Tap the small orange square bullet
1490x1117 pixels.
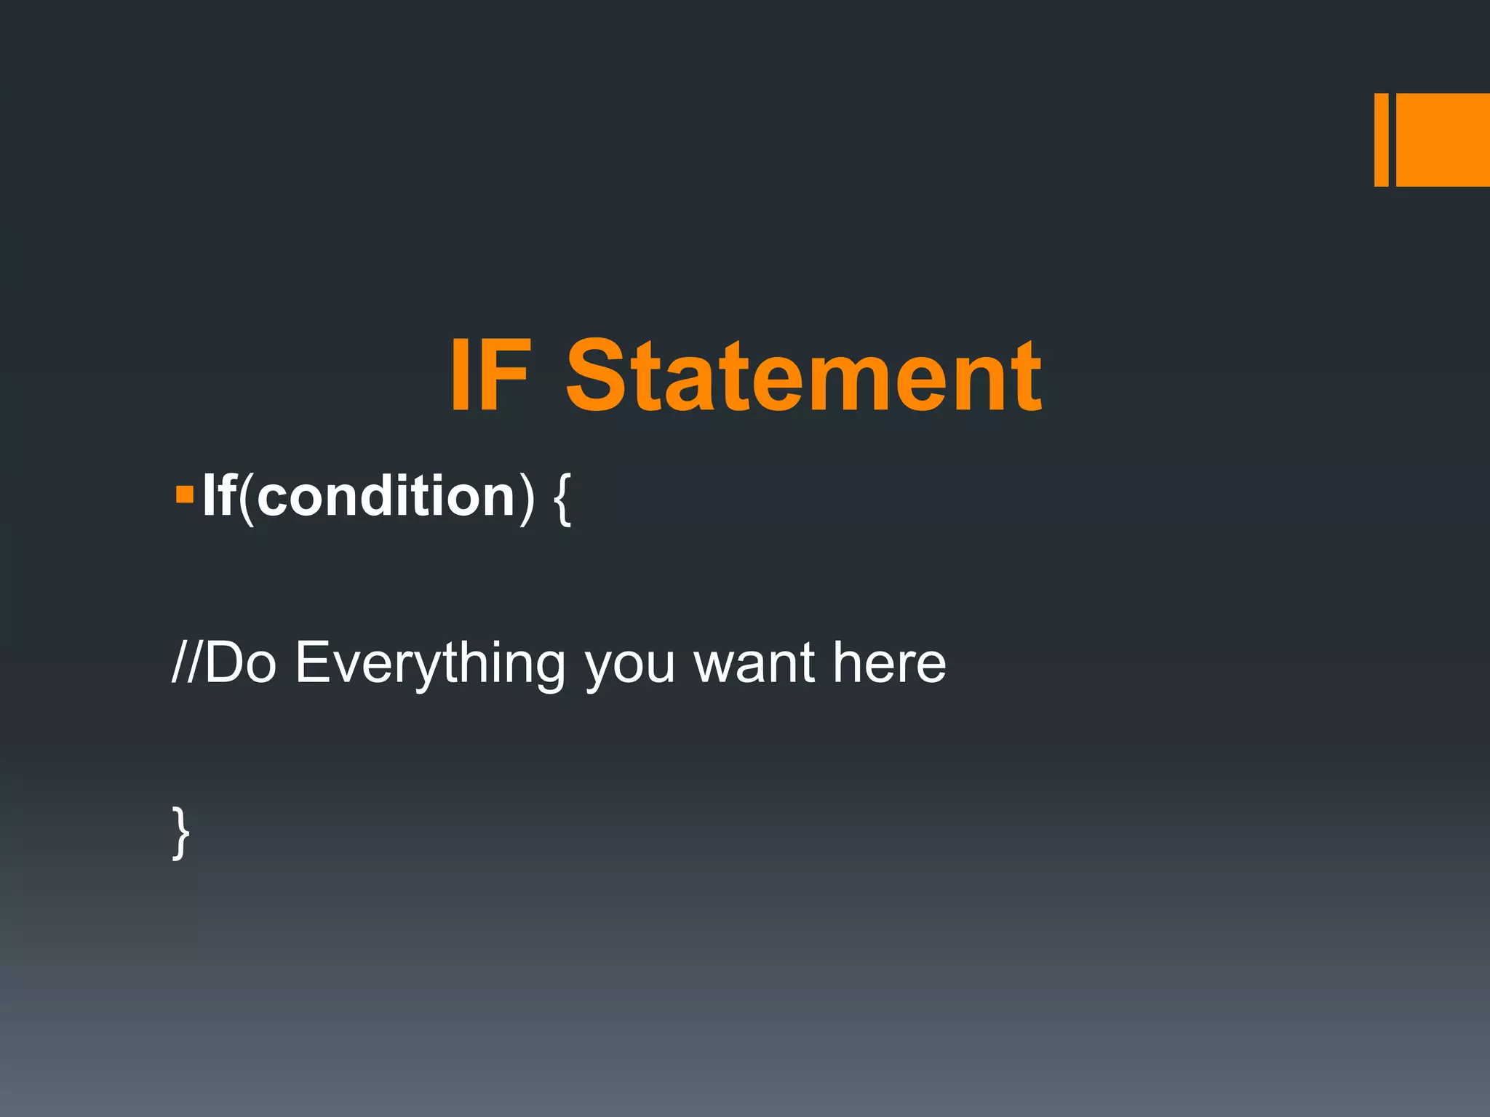[185, 496]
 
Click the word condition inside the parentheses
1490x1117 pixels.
[386, 496]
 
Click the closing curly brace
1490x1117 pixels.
[181, 832]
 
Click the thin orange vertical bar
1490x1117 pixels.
[1381, 140]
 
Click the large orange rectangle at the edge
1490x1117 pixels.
[1443, 140]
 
